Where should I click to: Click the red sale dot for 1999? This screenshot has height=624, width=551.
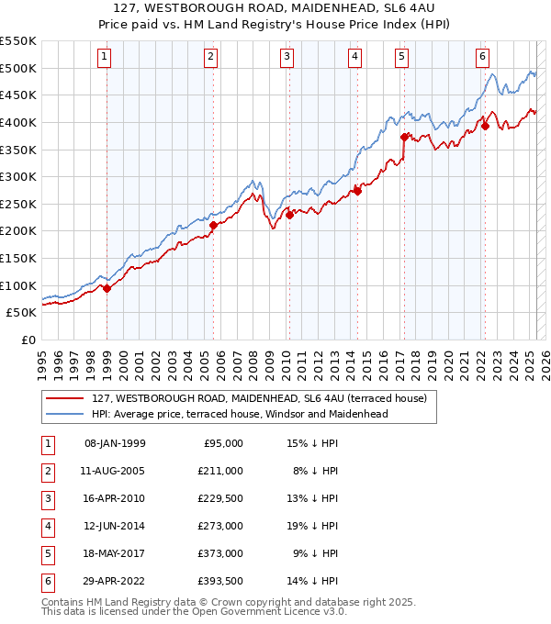click(107, 288)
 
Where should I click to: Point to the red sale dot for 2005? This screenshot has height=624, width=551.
click(213, 225)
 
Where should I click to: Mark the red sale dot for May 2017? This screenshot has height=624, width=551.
click(403, 137)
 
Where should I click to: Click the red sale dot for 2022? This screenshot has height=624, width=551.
click(485, 127)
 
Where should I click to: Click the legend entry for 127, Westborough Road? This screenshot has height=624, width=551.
click(259, 398)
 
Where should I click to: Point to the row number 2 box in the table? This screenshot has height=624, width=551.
click(46, 471)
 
